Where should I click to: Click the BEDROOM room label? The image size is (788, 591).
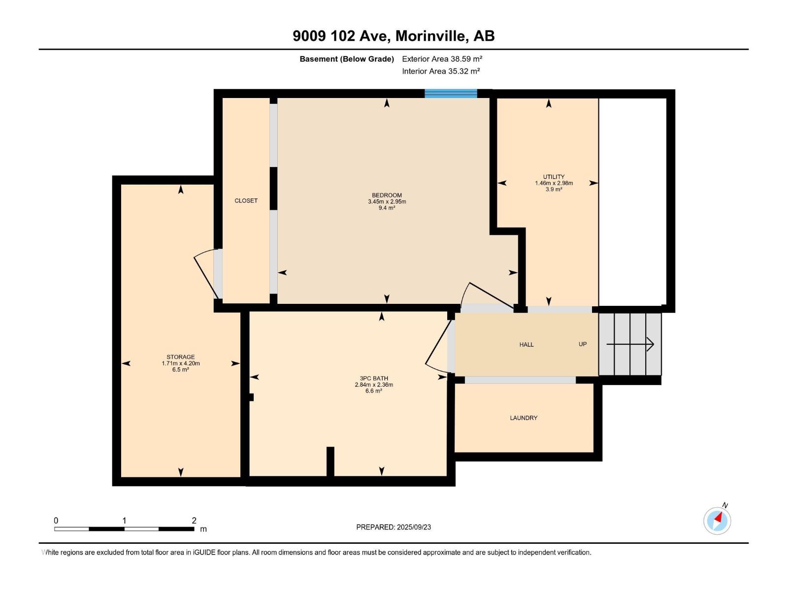[387, 195]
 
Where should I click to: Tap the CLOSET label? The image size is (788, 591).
[246, 200]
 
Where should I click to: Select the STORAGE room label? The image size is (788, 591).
[181, 357]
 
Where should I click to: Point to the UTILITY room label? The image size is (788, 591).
[554, 176]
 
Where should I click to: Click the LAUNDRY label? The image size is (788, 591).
[524, 418]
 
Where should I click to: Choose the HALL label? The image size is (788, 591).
[526, 344]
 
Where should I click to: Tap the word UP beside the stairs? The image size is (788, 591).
[583, 344]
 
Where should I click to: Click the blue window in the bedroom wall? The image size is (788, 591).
[451, 94]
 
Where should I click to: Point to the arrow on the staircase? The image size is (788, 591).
[630, 344]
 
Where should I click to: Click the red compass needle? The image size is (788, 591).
[719, 517]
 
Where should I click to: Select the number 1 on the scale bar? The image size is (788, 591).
[124, 520]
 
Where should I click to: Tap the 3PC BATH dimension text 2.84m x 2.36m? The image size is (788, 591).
[374, 385]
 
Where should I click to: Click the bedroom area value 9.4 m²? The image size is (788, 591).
[387, 208]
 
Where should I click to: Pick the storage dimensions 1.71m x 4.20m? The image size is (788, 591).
[181, 363]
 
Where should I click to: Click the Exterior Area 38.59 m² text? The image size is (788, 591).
[442, 59]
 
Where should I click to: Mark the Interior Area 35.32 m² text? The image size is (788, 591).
[441, 71]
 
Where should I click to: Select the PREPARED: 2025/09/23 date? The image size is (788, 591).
[394, 527]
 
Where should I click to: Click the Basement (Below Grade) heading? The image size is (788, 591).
[347, 59]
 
